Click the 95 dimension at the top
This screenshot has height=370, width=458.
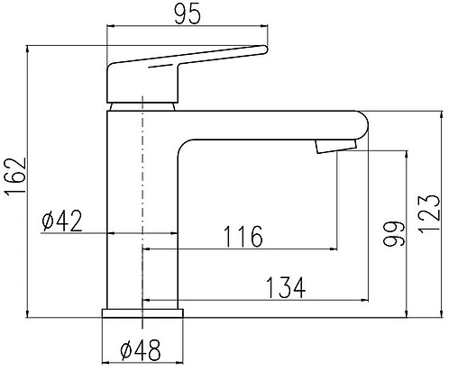point(187,14)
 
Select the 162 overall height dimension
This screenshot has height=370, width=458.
point(15,176)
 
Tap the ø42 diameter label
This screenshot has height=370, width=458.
point(62,221)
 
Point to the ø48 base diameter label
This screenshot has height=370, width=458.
point(140,350)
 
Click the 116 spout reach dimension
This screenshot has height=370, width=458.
point(243,236)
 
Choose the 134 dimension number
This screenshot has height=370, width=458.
point(286,287)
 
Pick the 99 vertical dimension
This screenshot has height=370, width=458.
point(394,234)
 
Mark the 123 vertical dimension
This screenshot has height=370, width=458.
point(429,214)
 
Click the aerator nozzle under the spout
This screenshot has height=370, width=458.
point(336,147)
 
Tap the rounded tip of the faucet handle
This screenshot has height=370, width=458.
point(263,50)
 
